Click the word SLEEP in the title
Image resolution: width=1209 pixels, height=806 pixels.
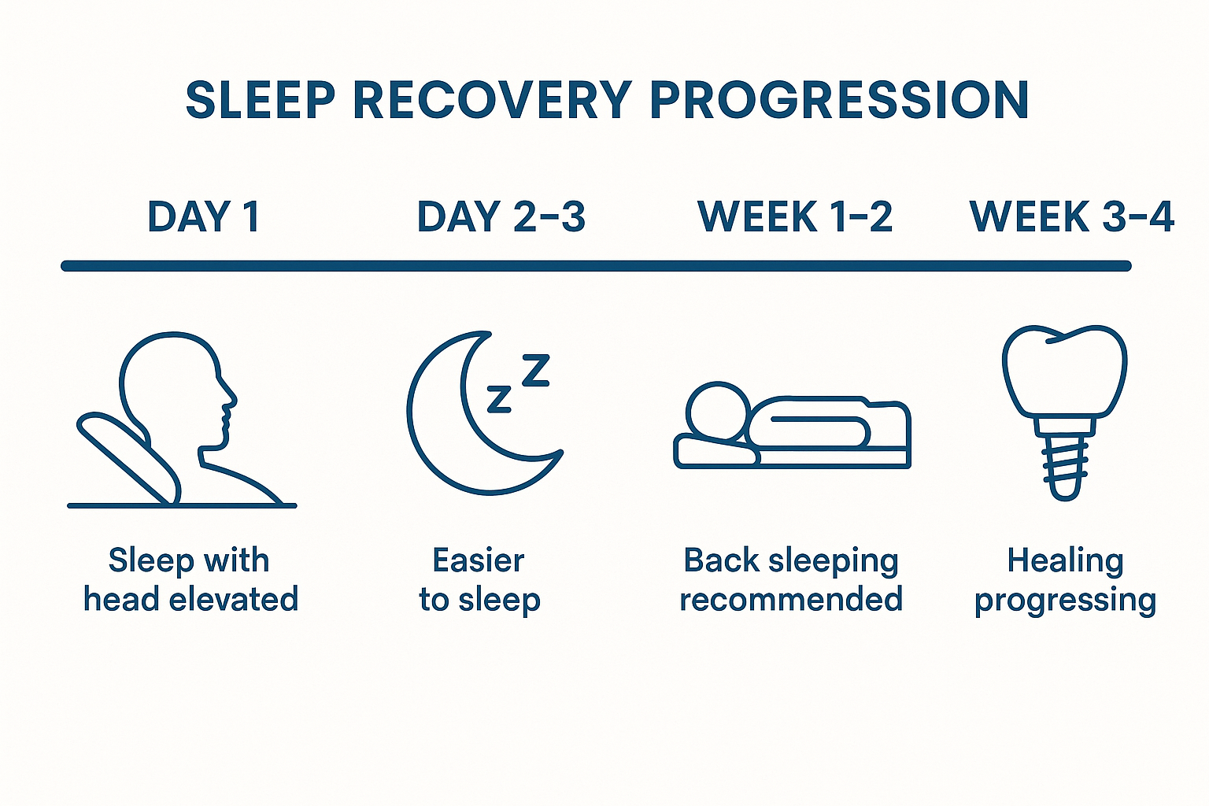tap(261, 100)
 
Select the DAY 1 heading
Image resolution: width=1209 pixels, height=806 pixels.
tap(203, 216)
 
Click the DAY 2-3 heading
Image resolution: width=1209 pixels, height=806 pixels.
tap(501, 216)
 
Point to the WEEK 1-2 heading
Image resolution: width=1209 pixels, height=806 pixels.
tap(795, 216)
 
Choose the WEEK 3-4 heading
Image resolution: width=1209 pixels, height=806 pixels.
tap(1072, 216)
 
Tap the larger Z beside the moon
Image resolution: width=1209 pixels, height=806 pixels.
tap(536, 370)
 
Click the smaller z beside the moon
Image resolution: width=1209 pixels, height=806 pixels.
tap(499, 399)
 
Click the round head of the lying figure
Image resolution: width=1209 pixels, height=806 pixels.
tap(716, 411)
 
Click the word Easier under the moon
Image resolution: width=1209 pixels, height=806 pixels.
tap(479, 560)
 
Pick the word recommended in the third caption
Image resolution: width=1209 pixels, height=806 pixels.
tap(790, 599)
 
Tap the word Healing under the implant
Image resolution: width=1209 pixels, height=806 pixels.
tap(1065, 560)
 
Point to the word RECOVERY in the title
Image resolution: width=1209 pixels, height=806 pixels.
tap(492, 100)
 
